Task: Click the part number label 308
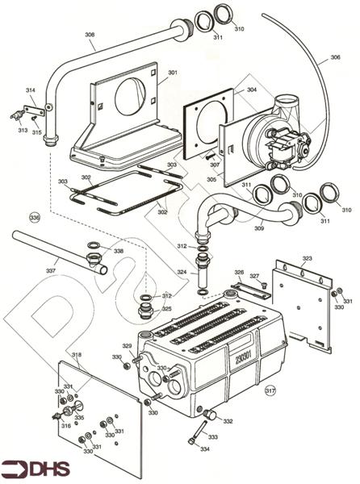pos(90,35)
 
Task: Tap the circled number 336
pos(35,218)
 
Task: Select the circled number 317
pos(270,390)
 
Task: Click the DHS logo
pos(36,469)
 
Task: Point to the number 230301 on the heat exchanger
pos(244,357)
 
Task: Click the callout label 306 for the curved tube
pos(335,57)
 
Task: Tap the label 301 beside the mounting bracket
pos(173,73)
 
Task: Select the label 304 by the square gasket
pos(252,90)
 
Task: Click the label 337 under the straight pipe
pos(51,271)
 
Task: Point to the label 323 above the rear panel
pos(308,258)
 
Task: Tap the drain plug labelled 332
pos(210,415)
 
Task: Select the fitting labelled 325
pos(145,311)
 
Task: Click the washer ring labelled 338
pos(93,246)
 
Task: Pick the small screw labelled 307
pos(211,156)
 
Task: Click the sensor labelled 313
pos(18,115)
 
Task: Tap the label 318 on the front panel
pos(77,355)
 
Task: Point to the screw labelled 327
pos(264,286)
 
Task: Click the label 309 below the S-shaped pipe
pos(259,228)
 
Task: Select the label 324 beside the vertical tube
pos(182,273)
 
